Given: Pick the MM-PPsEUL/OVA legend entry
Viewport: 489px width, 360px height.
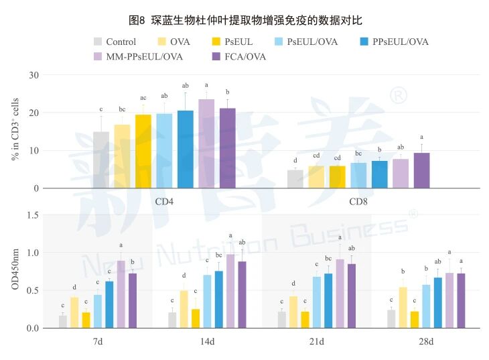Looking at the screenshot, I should coord(138,56).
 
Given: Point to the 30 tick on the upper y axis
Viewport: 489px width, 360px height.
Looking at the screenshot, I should coord(33,74).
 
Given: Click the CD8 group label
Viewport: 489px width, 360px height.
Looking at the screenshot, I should coord(360,200).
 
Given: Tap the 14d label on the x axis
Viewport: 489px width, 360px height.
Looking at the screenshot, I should coord(207,342).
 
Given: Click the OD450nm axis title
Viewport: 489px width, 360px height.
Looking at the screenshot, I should coord(15,272).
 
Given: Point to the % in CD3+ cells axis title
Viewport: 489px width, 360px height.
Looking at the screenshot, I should coord(15,131).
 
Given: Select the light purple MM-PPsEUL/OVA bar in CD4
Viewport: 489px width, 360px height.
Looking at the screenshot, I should coord(206,143).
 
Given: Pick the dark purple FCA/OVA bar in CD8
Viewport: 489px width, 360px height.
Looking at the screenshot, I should coord(421,170).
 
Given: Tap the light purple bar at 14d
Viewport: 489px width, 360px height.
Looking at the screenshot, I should coord(230,291).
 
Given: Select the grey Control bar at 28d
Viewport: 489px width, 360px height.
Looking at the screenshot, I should coord(391,318).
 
